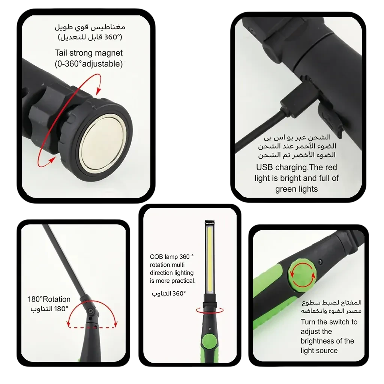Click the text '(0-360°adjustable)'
(88, 64)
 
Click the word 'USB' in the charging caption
(264, 167)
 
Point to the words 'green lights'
(296, 189)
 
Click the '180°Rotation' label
(49, 299)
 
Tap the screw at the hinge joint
(91, 311)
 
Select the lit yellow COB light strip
(210, 259)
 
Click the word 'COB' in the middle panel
(156, 257)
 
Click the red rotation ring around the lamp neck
(210, 310)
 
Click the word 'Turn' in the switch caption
(308, 322)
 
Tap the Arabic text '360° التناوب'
(168, 293)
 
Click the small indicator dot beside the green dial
(320, 262)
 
